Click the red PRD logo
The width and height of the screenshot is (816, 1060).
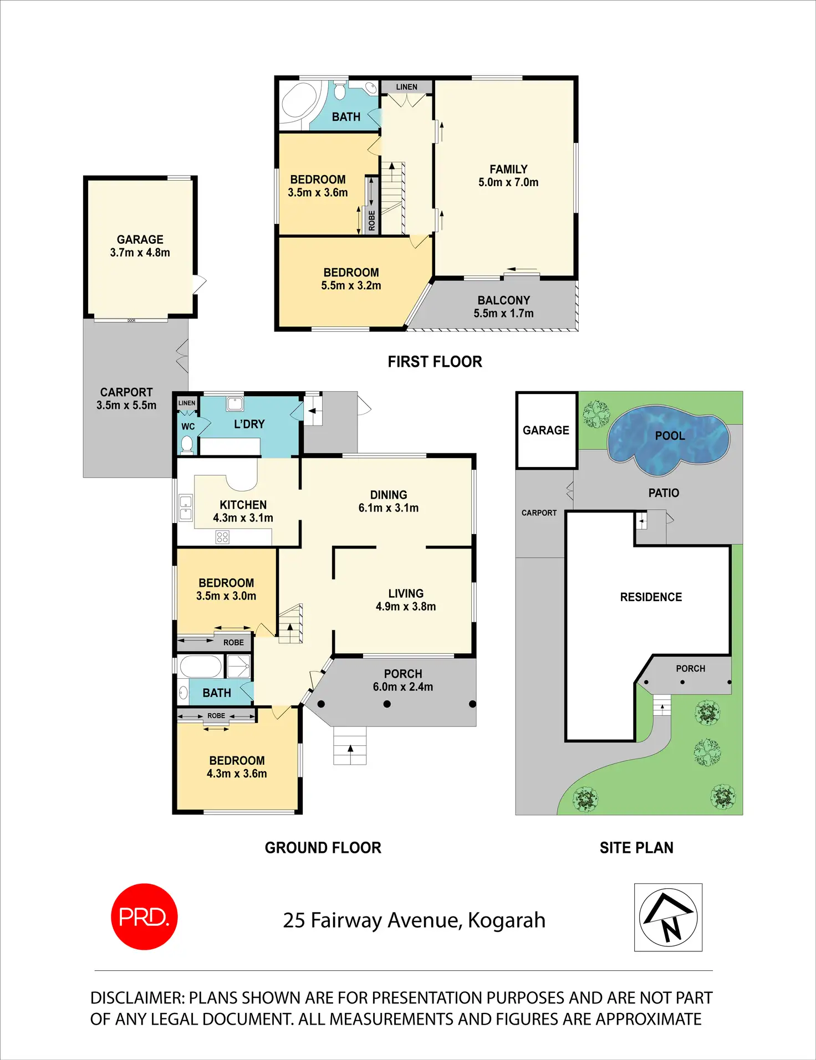[x=144, y=916]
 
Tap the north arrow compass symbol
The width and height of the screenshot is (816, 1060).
[x=668, y=917]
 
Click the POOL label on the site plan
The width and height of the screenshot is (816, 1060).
[x=670, y=436]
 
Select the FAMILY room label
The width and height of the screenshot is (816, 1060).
[x=508, y=169]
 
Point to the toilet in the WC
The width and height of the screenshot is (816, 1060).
[x=187, y=444]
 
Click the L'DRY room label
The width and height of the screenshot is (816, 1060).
[x=249, y=424]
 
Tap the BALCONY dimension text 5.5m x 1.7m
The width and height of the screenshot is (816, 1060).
[x=503, y=314]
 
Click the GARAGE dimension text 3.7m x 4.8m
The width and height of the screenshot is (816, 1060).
[x=140, y=253]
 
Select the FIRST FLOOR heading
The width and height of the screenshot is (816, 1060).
[x=435, y=362]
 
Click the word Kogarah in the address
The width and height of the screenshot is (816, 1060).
[x=507, y=920]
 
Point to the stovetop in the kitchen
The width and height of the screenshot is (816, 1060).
[x=222, y=537]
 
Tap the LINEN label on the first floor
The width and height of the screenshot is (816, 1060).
[x=406, y=87]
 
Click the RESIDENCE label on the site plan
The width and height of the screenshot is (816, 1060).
[x=651, y=597]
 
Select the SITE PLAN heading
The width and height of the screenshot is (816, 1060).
[x=636, y=848]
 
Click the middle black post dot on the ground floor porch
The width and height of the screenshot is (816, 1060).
[x=387, y=704]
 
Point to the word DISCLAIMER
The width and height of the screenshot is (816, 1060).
[x=137, y=998]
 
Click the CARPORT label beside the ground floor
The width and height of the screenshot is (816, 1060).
[x=126, y=392]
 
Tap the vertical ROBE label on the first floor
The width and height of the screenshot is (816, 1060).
[x=371, y=221]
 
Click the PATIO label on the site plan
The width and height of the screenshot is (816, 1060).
[x=664, y=493]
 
